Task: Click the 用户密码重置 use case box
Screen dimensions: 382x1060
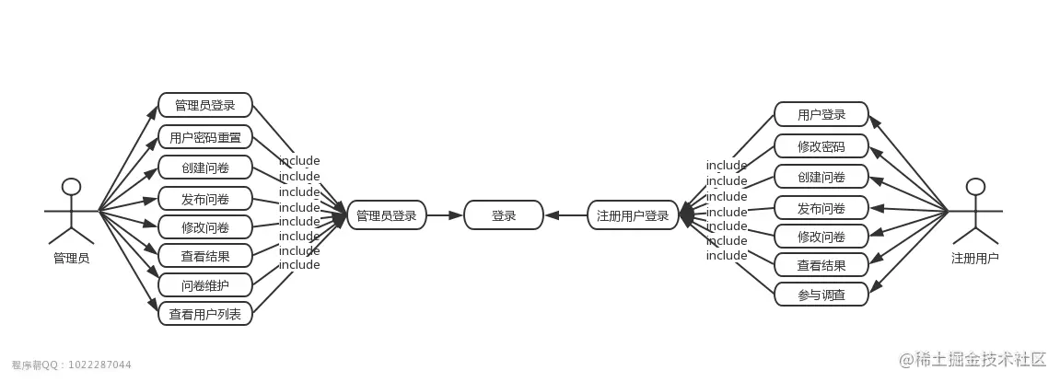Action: click(x=204, y=137)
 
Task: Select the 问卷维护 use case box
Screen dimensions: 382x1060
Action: click(x=204, y=285)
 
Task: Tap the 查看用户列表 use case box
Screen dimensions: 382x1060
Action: click(x=204, y=314)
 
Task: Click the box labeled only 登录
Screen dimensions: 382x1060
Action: click(x=503, y=215)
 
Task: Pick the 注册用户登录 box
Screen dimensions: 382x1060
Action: click(x=633, y=215)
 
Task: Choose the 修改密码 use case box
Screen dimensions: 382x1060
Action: click(x=821, y=146)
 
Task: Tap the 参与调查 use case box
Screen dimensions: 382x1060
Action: click(x=821, y=294)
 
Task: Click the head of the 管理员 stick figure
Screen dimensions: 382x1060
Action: click(x=71, y=187)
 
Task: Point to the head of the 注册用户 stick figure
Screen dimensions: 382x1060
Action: click(x=975, y=187)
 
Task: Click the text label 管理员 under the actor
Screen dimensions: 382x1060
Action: click(x=71, y=259)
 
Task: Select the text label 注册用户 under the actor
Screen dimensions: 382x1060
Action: click(x=975, y=259)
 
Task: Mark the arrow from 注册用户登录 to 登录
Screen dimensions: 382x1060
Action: click(x=565, y=215)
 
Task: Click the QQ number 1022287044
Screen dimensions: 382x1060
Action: click(x=100, y=365)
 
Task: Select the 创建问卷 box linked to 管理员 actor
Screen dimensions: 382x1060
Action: click(x=204, y=168)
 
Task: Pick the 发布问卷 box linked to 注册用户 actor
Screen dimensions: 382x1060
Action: click(x=821, y=208)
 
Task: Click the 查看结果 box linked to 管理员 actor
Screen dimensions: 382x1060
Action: click(x=204, y=256)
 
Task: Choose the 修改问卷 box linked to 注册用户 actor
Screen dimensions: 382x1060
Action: click(x=821, y=237)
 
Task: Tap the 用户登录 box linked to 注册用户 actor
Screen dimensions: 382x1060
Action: click(x=821, y=114)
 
